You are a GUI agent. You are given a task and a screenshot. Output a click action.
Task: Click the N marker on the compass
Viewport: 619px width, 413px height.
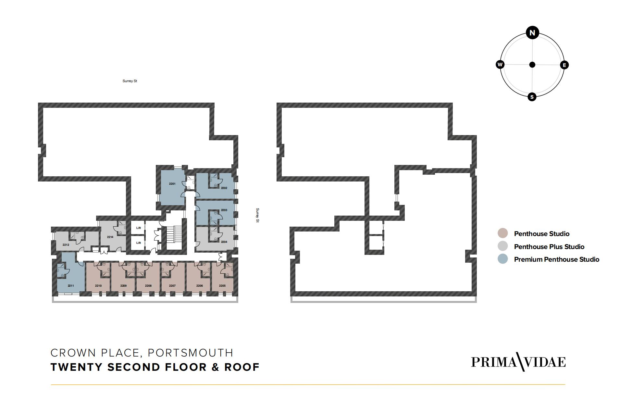532,33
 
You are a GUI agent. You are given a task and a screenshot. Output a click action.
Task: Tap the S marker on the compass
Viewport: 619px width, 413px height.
532,97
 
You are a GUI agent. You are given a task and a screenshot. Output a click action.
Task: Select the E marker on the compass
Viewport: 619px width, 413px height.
564,65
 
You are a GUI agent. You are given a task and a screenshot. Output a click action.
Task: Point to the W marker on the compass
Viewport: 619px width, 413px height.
500,64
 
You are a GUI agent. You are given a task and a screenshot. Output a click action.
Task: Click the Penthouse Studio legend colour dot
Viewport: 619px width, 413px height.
502,233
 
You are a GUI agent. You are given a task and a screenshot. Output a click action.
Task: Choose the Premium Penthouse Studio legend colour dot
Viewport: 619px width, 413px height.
502,259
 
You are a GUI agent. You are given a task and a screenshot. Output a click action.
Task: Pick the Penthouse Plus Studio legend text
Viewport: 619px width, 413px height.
549,247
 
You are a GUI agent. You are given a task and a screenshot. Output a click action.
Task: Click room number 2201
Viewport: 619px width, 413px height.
172,184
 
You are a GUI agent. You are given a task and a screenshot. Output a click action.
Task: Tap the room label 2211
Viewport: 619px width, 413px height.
71,286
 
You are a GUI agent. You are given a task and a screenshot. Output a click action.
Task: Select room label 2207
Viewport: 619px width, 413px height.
172,286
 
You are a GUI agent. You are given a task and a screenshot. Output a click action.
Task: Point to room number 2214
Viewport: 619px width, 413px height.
110,237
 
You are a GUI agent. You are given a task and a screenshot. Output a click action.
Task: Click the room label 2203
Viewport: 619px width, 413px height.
224,210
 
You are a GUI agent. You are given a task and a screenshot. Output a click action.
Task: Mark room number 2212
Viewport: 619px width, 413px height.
66,245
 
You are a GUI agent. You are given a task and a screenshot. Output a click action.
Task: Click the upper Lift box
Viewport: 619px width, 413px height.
138,228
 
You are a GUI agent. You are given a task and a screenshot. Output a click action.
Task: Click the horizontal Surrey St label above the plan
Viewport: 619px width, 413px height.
130,81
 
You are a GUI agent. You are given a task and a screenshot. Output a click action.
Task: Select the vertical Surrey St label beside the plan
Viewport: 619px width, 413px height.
257,215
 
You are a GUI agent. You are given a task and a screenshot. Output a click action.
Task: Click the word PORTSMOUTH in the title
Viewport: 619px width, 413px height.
191,353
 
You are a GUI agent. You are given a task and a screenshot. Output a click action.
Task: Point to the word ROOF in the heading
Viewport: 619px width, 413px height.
242,367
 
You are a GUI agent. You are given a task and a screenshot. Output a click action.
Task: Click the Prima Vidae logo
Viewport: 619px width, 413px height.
518,362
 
